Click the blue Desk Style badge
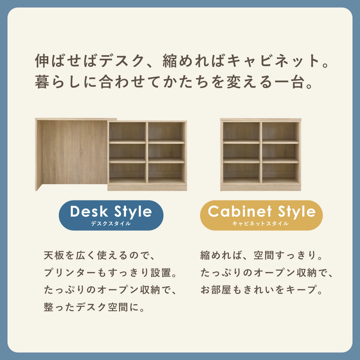[x=111, y=215]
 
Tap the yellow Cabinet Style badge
[x=261, y=215]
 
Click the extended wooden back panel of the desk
[x=74, y=152]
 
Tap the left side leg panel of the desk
[x=38, y=154]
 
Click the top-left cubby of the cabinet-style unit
[x=241, y=131]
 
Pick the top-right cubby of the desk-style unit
[x=166, y=131]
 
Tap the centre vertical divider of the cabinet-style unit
[x=261, y=153]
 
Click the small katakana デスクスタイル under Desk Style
[x=111, y=223]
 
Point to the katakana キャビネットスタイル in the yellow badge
[x=260, y=223]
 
